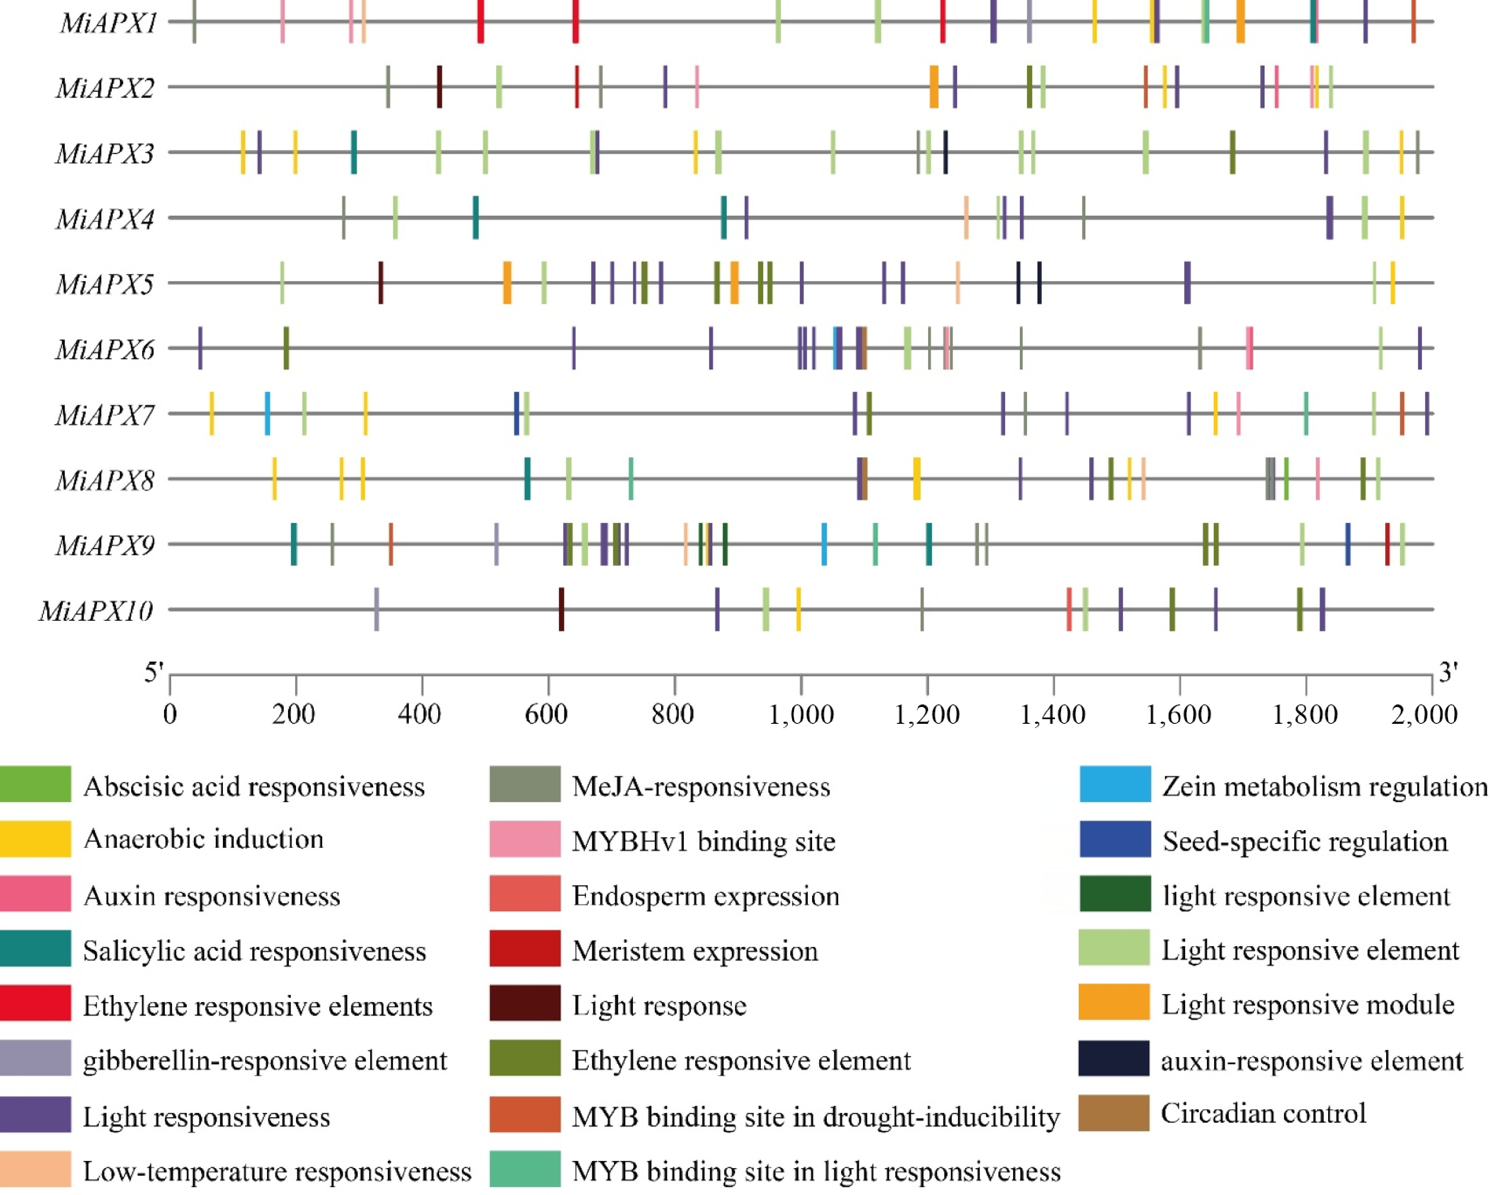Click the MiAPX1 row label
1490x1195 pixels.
(109, 23)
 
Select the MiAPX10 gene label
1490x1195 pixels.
(96, 611)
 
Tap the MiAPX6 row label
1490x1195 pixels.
(105, 350)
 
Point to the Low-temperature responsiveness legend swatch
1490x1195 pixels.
(35, 1169)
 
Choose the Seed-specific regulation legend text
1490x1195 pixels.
(1305, 842)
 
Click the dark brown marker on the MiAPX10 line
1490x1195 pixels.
(561, 609)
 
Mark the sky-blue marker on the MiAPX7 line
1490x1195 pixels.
(267, 414)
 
